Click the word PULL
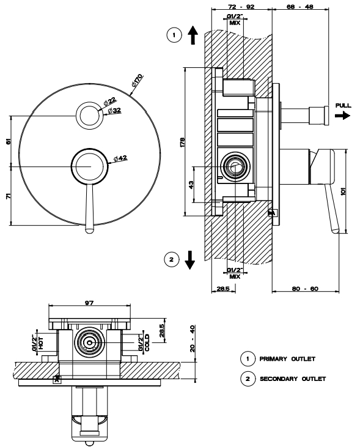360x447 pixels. click(343, 105)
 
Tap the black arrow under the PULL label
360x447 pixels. click(343, 116)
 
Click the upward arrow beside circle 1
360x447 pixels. click(193, 35)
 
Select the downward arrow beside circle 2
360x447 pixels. click(189, 260)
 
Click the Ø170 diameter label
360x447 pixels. click(137, 80)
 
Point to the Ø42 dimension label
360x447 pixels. click(120, 158)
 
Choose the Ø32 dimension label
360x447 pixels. click(114, 111)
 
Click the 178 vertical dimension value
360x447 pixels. click(182, 142)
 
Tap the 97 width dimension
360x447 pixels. click(89, 303)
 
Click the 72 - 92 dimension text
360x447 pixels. click(241, 6)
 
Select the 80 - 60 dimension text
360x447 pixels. click(305, 289)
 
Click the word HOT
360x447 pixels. click(41, 343)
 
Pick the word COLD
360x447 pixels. click(147, 342)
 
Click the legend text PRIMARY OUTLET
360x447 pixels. click(287, 358)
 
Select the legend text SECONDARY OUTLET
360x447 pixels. click(293, 379)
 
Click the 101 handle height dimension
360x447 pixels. click(343, 191)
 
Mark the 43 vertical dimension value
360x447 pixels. click(191, 185)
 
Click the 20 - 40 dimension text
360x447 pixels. click(193, 338)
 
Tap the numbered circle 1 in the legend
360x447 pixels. click(248, 358)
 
